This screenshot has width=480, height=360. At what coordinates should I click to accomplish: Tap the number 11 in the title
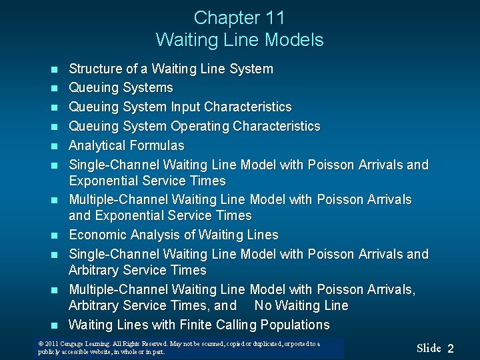coord(275,17)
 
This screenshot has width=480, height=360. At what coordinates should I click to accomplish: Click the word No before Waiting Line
coord(263,305)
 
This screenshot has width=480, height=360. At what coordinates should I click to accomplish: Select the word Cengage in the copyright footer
coord(73,344)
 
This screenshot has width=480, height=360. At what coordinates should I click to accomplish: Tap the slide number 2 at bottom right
coord(451,349)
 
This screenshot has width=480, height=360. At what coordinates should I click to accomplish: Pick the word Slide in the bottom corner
coord(429,348)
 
